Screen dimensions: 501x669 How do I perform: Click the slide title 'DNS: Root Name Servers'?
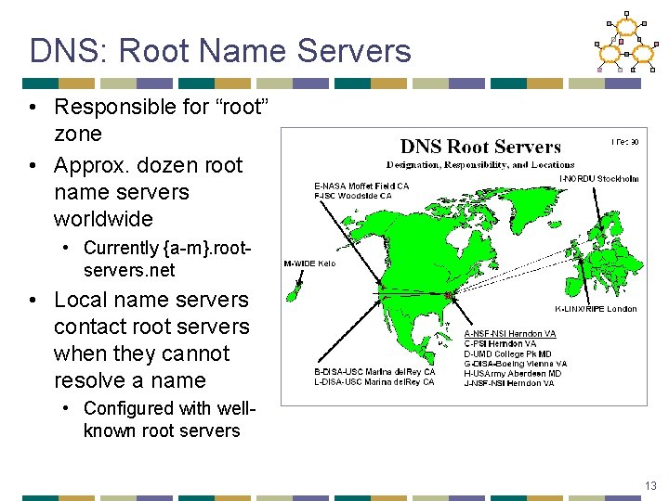220,51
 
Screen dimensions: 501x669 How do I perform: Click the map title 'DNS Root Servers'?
480,147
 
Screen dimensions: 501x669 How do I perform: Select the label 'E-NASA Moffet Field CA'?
361,186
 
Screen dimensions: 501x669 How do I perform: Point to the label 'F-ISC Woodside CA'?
353,196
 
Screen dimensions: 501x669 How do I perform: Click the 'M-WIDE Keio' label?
310,263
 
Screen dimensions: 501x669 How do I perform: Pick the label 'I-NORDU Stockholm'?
599,178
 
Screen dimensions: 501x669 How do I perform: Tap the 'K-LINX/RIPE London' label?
596,309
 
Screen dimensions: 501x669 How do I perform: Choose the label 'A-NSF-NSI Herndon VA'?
510,334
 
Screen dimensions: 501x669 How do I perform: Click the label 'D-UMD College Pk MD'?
508,353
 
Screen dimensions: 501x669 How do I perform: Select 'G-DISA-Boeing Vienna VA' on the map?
515,364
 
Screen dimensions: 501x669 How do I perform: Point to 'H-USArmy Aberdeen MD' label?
512,373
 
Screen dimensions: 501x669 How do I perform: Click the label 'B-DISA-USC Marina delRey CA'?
374,372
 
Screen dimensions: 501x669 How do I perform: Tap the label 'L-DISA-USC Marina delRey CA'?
374,382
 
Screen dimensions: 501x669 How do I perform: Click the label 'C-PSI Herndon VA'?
499,344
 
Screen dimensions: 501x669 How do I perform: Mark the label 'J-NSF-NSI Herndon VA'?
509,383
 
